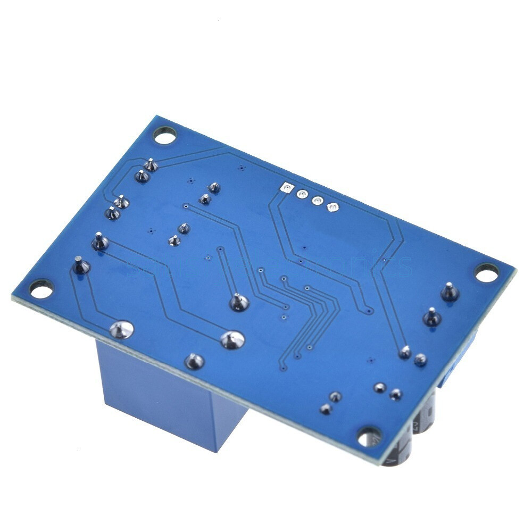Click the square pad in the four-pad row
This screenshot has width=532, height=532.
tap(287, 188)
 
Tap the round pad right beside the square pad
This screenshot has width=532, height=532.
tap(302, 194)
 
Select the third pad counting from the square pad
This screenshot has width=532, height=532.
tap(317, 201)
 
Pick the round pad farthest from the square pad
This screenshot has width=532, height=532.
tap(332, 207)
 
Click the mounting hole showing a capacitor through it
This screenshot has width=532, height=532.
tap(369, 436)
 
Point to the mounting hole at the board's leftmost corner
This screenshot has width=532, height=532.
tap(41, 289)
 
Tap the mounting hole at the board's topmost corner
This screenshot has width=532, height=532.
tap(165, 136)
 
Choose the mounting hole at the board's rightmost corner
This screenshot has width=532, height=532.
tap(486, 273)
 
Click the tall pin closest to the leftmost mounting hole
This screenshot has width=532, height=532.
tap(80, 264)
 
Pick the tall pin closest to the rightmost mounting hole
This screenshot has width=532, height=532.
tap(450, 291)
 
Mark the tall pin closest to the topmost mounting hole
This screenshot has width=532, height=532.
tap(151, 165)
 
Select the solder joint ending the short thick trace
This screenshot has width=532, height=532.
tap(239, 303)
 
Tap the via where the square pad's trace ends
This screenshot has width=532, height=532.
tap(368, 312)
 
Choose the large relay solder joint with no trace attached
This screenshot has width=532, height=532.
tap(194, 361)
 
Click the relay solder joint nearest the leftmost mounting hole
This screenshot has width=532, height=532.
tap(121, 330)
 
